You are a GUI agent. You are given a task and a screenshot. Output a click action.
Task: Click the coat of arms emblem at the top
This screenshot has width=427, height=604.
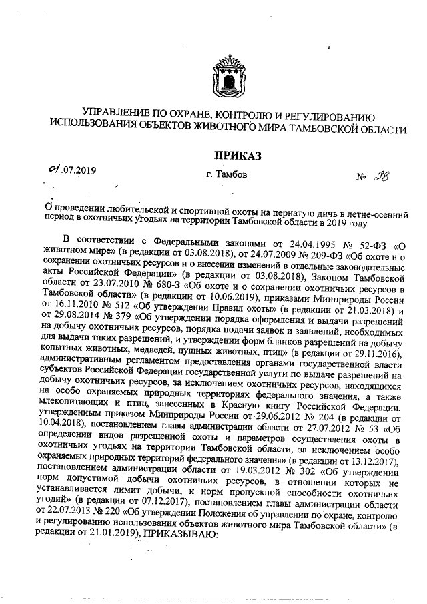[x=226, y=75]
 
